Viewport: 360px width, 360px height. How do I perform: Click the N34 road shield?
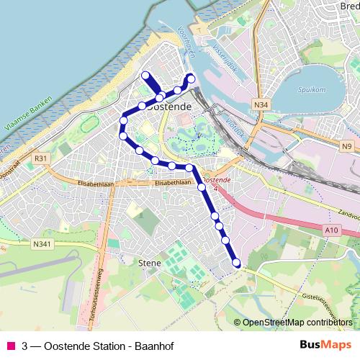point(261,105)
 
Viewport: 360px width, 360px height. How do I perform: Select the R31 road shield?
point(40,158)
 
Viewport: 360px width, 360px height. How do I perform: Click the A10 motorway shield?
point(331,229)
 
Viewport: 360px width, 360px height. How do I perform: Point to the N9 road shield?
point(348,147)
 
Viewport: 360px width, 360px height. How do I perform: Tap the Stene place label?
point(148,264)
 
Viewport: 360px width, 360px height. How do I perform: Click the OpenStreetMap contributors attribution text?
point(297,322)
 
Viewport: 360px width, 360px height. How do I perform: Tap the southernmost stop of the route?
point(236,264)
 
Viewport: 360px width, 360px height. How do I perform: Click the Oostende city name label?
point(170,107)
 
